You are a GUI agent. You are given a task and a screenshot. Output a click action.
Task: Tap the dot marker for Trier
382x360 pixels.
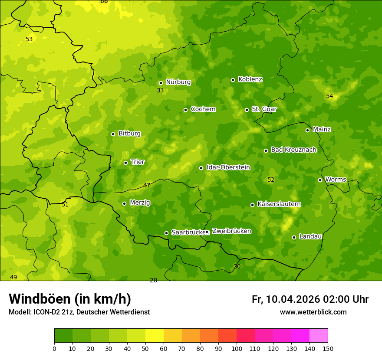pyautogui.click(x=126, y=163)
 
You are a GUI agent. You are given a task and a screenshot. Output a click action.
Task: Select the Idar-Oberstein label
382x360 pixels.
pyautogui.click(x=228, y=167)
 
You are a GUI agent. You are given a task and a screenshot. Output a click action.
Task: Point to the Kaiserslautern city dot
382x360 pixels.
pyautogui.click(x=252, y=205)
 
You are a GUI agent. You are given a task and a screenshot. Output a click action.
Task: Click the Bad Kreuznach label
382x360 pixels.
pyautogui.click(x=293, y=150)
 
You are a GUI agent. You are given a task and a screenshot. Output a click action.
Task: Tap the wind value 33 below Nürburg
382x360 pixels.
pyautogui.click(x=160, y=90)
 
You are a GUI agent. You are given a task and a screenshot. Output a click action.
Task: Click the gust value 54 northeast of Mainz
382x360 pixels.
pyautogui.click(x=329, y=96)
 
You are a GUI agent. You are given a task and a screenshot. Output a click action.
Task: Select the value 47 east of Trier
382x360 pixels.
pyautogui.click(x=147, y=185)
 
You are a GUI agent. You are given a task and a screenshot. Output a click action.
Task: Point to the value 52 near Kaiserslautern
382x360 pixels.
pyautogui.click(x=271, y=180)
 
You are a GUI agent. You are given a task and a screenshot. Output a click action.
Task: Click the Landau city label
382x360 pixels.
pyautogui.click(x=310, y=236)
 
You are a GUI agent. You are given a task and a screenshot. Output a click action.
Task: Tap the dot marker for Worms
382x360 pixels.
pyautogui.click(x=320, y=180)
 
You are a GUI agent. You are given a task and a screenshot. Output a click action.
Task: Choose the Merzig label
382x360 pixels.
pyautogui.click(x=140, y=203)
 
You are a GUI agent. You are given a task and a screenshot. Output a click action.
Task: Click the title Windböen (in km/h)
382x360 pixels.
pyautogui.click(x=70, y=299)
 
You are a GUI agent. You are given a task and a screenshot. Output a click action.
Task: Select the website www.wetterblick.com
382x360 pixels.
pyautogui.click(x=313, y=312)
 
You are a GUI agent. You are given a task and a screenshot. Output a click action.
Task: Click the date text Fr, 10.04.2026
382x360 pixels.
pyautogui.click(x=286, y=299)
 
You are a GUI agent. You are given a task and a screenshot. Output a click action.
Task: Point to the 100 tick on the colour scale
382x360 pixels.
pyautogui.click(x=237, y=348)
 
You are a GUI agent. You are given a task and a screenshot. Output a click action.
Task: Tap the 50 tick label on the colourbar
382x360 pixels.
pyautogui.click(x=145, y=348)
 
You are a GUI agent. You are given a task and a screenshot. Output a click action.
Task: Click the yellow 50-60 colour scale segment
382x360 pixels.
pyautogui.click(x=155, y=336)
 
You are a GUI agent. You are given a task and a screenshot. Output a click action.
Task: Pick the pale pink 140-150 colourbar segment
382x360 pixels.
pyautogui.click(x=319, y=336)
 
